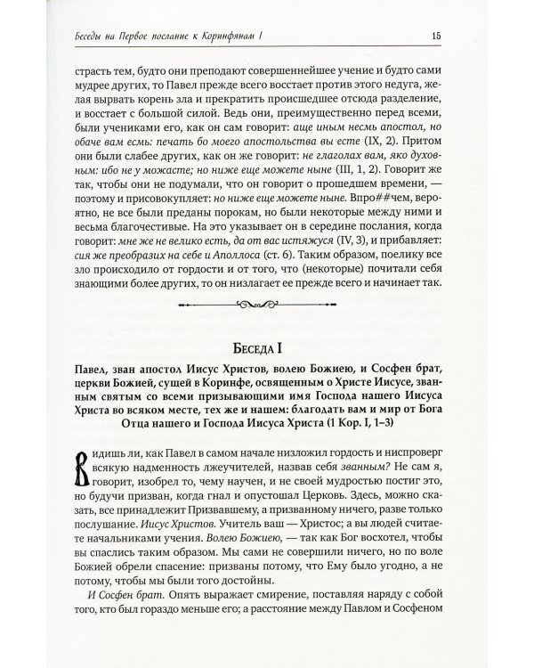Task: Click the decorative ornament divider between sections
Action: pos(267,306)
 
